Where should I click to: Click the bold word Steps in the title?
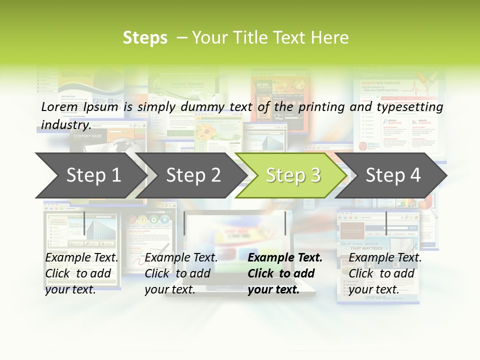click(145, 38)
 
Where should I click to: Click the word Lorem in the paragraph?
click(59, 106)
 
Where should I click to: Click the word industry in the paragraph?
click(65, 124)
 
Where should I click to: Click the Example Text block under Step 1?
click(82, 273)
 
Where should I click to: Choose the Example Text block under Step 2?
click(181, 273)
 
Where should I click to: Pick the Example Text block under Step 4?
click(385, 273)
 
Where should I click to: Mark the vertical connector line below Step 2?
click(184, 222)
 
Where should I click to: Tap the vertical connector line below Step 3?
click(285, 222)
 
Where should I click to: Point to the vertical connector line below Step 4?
click(386, 222)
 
